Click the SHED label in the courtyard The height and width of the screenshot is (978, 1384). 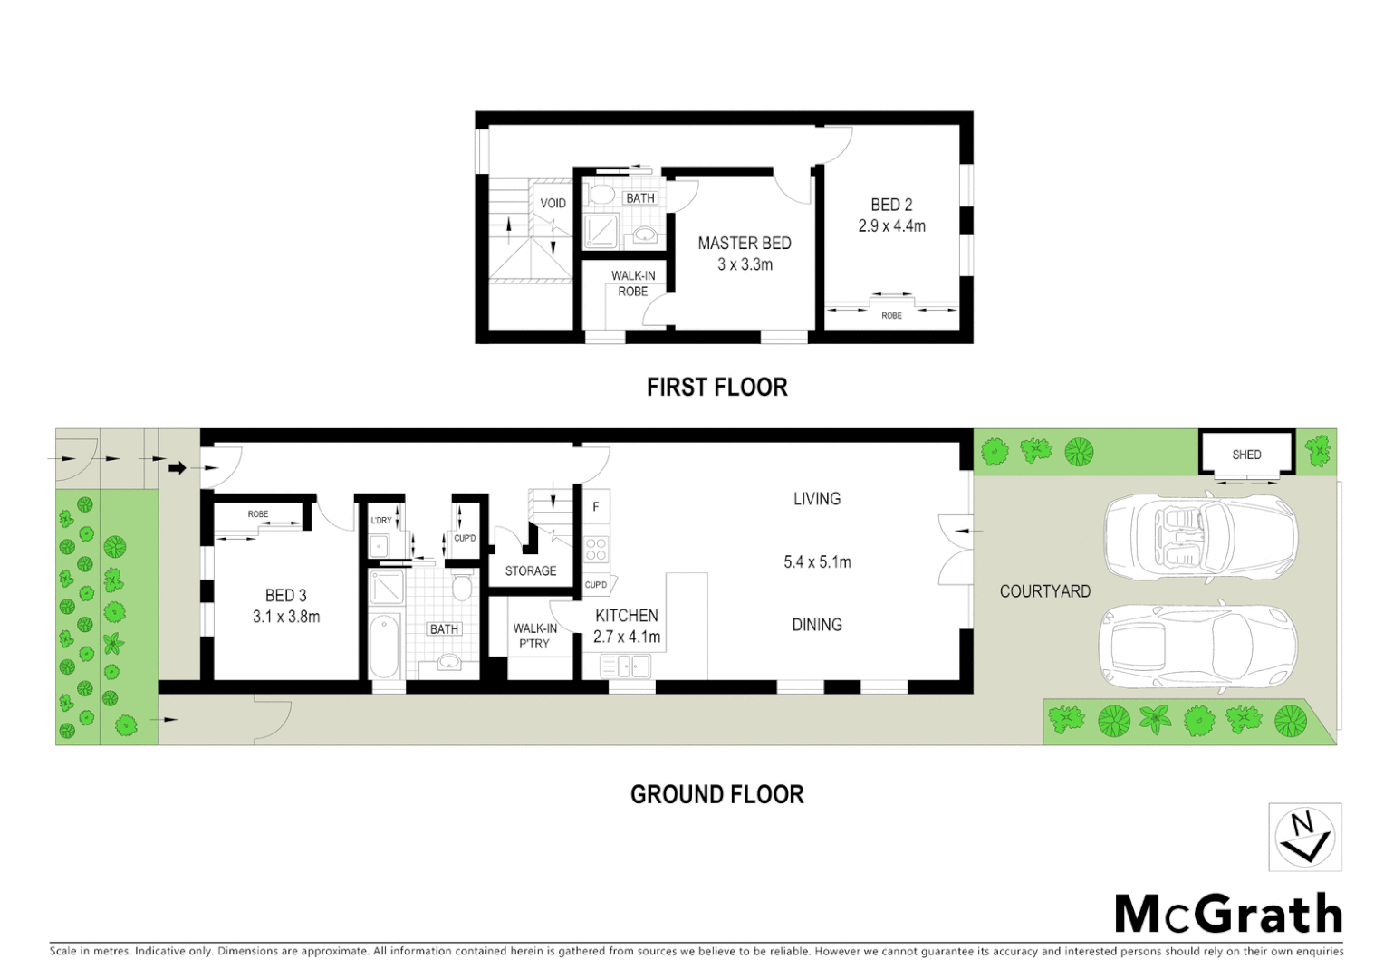(x=1246, y=455)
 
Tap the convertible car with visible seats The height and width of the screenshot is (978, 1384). (x=1199, y=540)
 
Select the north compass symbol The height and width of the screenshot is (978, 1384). (x=1304, y=837)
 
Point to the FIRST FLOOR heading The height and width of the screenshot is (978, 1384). (x=716, y=388)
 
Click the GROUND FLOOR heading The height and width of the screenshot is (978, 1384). (x=716, y=794)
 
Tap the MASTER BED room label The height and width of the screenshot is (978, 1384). (x=744, y=243)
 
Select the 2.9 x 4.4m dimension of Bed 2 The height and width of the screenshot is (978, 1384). (x=891, y=226)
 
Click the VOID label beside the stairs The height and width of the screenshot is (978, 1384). (x=553, y=203)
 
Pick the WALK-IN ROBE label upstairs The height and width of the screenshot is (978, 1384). (x=632, y=283)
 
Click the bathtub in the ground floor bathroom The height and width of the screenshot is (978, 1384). (x=385, y=646)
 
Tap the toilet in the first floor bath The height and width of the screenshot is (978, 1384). (x=600, y=195)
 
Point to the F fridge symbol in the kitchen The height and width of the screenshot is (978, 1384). (x=596, y=506)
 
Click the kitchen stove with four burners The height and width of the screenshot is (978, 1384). (x=596, y=550)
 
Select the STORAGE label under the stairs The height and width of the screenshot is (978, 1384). (x=531, y=570)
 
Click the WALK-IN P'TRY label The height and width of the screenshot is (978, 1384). (x=534, y=636)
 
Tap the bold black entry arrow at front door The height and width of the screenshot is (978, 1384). (x=178, y=468)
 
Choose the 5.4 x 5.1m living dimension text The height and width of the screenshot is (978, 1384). (x=817, y=561)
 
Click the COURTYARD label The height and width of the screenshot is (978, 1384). (x=1044, y=591)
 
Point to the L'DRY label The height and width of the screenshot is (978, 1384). (x=381, y=521)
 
